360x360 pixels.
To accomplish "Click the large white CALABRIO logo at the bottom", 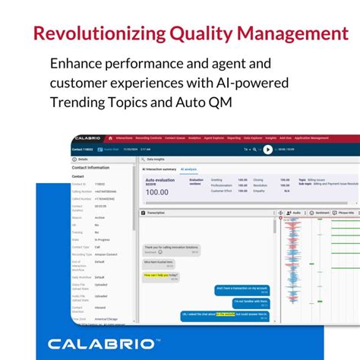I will [104, 343].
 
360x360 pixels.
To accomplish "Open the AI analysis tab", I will [188, 169].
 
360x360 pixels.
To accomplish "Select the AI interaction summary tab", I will [159, 169].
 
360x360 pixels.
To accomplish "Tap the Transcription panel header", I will [156, 213].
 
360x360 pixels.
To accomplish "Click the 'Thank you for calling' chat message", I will [170, 248].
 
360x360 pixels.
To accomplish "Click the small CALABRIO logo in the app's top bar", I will [89, 138].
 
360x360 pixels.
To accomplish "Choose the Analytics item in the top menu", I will [195, 138].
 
